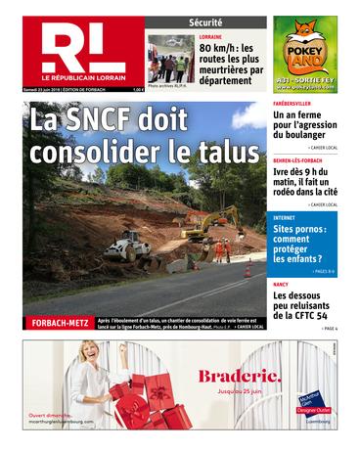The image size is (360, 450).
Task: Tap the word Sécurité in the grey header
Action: pyautogui.click(x=205, y=22)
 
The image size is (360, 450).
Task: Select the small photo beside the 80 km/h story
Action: pyautogui.click(x=170, y=61)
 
